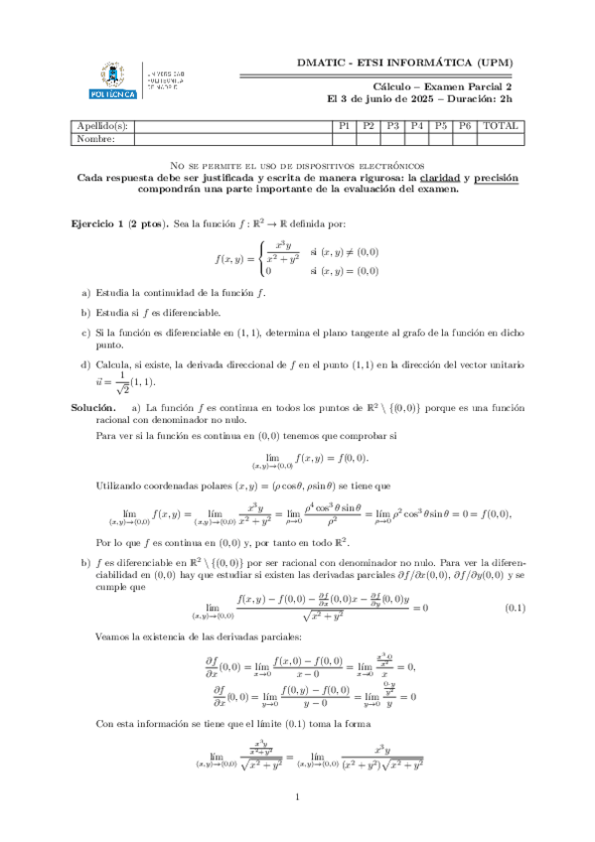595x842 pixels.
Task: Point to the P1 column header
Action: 345,126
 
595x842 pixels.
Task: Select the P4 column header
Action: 417,126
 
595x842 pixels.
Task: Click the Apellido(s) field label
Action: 104,126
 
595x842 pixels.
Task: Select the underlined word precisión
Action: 495,177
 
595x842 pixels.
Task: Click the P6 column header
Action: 465,126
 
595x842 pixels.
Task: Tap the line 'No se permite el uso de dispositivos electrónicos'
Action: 297,164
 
